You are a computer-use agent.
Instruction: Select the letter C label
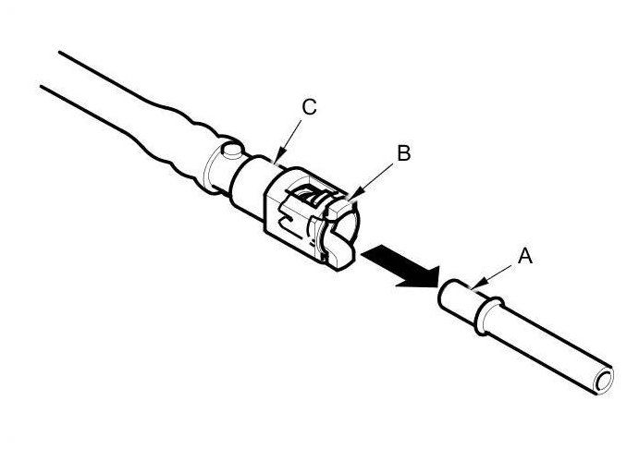[310, 107]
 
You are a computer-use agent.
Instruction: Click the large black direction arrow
[399, 265]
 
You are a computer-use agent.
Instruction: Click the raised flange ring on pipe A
[485, 315]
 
